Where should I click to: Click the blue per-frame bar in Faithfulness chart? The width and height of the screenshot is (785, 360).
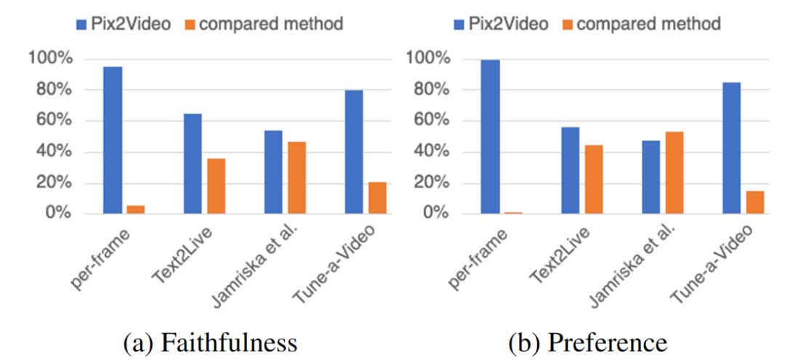[x=113, y=140]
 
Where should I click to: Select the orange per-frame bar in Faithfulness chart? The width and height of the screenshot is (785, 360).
[x=135, y=209]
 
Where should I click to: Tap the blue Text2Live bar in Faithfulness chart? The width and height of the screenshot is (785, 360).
[x=193, y=164]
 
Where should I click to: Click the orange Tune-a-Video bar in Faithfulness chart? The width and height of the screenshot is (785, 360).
[x=377, y=198]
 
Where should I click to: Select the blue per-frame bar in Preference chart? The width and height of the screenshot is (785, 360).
[x=490, y=137]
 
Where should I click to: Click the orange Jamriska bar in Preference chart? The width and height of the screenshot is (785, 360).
[x=674, y=172]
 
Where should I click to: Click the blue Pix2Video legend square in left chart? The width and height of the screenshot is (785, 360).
[x=81, y=24]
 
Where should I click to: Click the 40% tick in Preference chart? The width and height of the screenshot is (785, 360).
[x=432, y=152]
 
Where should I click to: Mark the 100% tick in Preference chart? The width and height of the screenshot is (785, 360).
[x=429, y=58]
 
